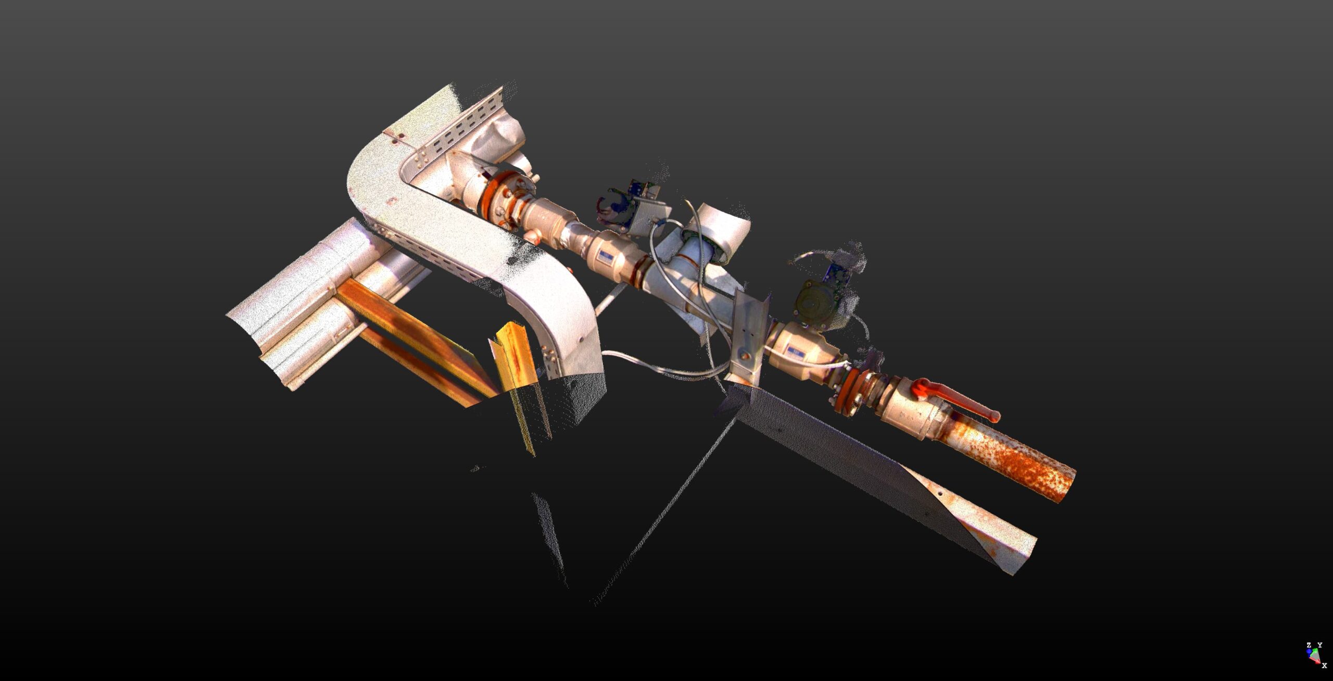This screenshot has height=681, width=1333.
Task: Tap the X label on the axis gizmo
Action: (x=1325, y=665)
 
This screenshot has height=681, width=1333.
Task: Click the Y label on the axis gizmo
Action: (x=1320, y=645)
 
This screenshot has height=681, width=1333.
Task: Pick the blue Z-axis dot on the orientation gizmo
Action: (x=1309, y=652)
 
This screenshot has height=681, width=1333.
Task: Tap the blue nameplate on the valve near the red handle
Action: (x=796, y=351)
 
